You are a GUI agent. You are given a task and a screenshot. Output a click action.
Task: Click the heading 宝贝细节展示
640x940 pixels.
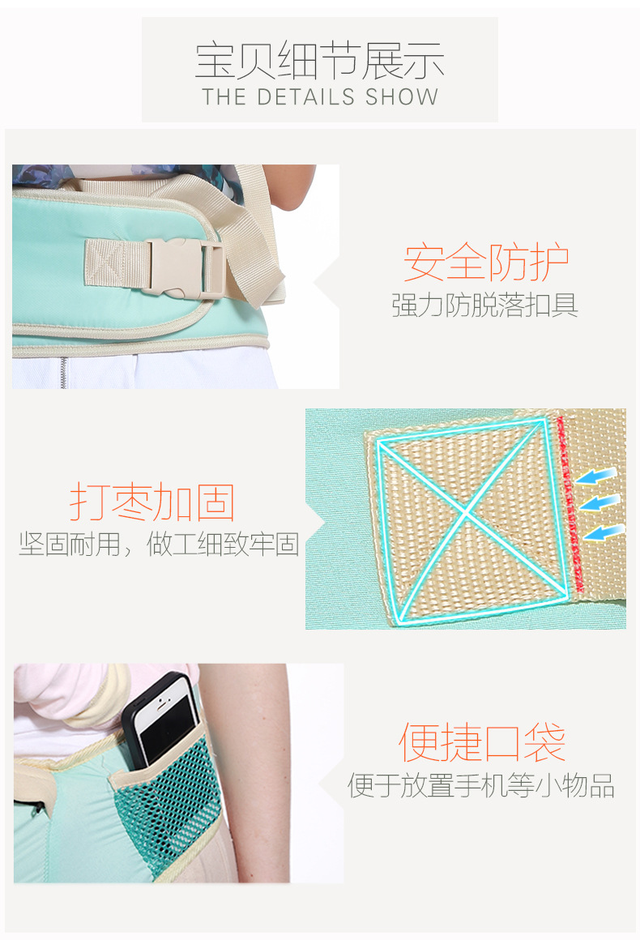(x=319, y=61)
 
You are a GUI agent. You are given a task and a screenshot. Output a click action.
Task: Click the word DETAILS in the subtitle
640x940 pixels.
(x=305, y=97)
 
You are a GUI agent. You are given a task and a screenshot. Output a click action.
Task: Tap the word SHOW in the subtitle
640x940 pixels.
(x=402, y=97)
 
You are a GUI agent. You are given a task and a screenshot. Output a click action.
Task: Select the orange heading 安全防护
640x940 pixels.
(x=486, y=262)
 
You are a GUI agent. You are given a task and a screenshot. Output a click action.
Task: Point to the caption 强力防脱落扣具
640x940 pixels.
(x=484, y=305)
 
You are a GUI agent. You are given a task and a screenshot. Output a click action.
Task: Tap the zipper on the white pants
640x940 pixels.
(x=63, y=372)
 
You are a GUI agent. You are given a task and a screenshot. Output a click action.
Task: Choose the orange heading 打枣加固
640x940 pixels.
(x=151, y=501)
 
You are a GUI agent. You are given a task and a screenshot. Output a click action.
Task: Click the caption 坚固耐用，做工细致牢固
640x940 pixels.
(x=159, y=545)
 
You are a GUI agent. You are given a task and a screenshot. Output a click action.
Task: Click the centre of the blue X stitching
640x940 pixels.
(x=466, y=511)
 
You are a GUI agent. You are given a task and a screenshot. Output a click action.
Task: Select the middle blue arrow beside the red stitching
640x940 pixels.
(x=599, y=502)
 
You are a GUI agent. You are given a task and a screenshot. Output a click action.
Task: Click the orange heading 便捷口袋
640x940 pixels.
(x=482, y=741)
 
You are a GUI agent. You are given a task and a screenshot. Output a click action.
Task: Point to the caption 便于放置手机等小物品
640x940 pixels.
(x=481, y=785)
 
